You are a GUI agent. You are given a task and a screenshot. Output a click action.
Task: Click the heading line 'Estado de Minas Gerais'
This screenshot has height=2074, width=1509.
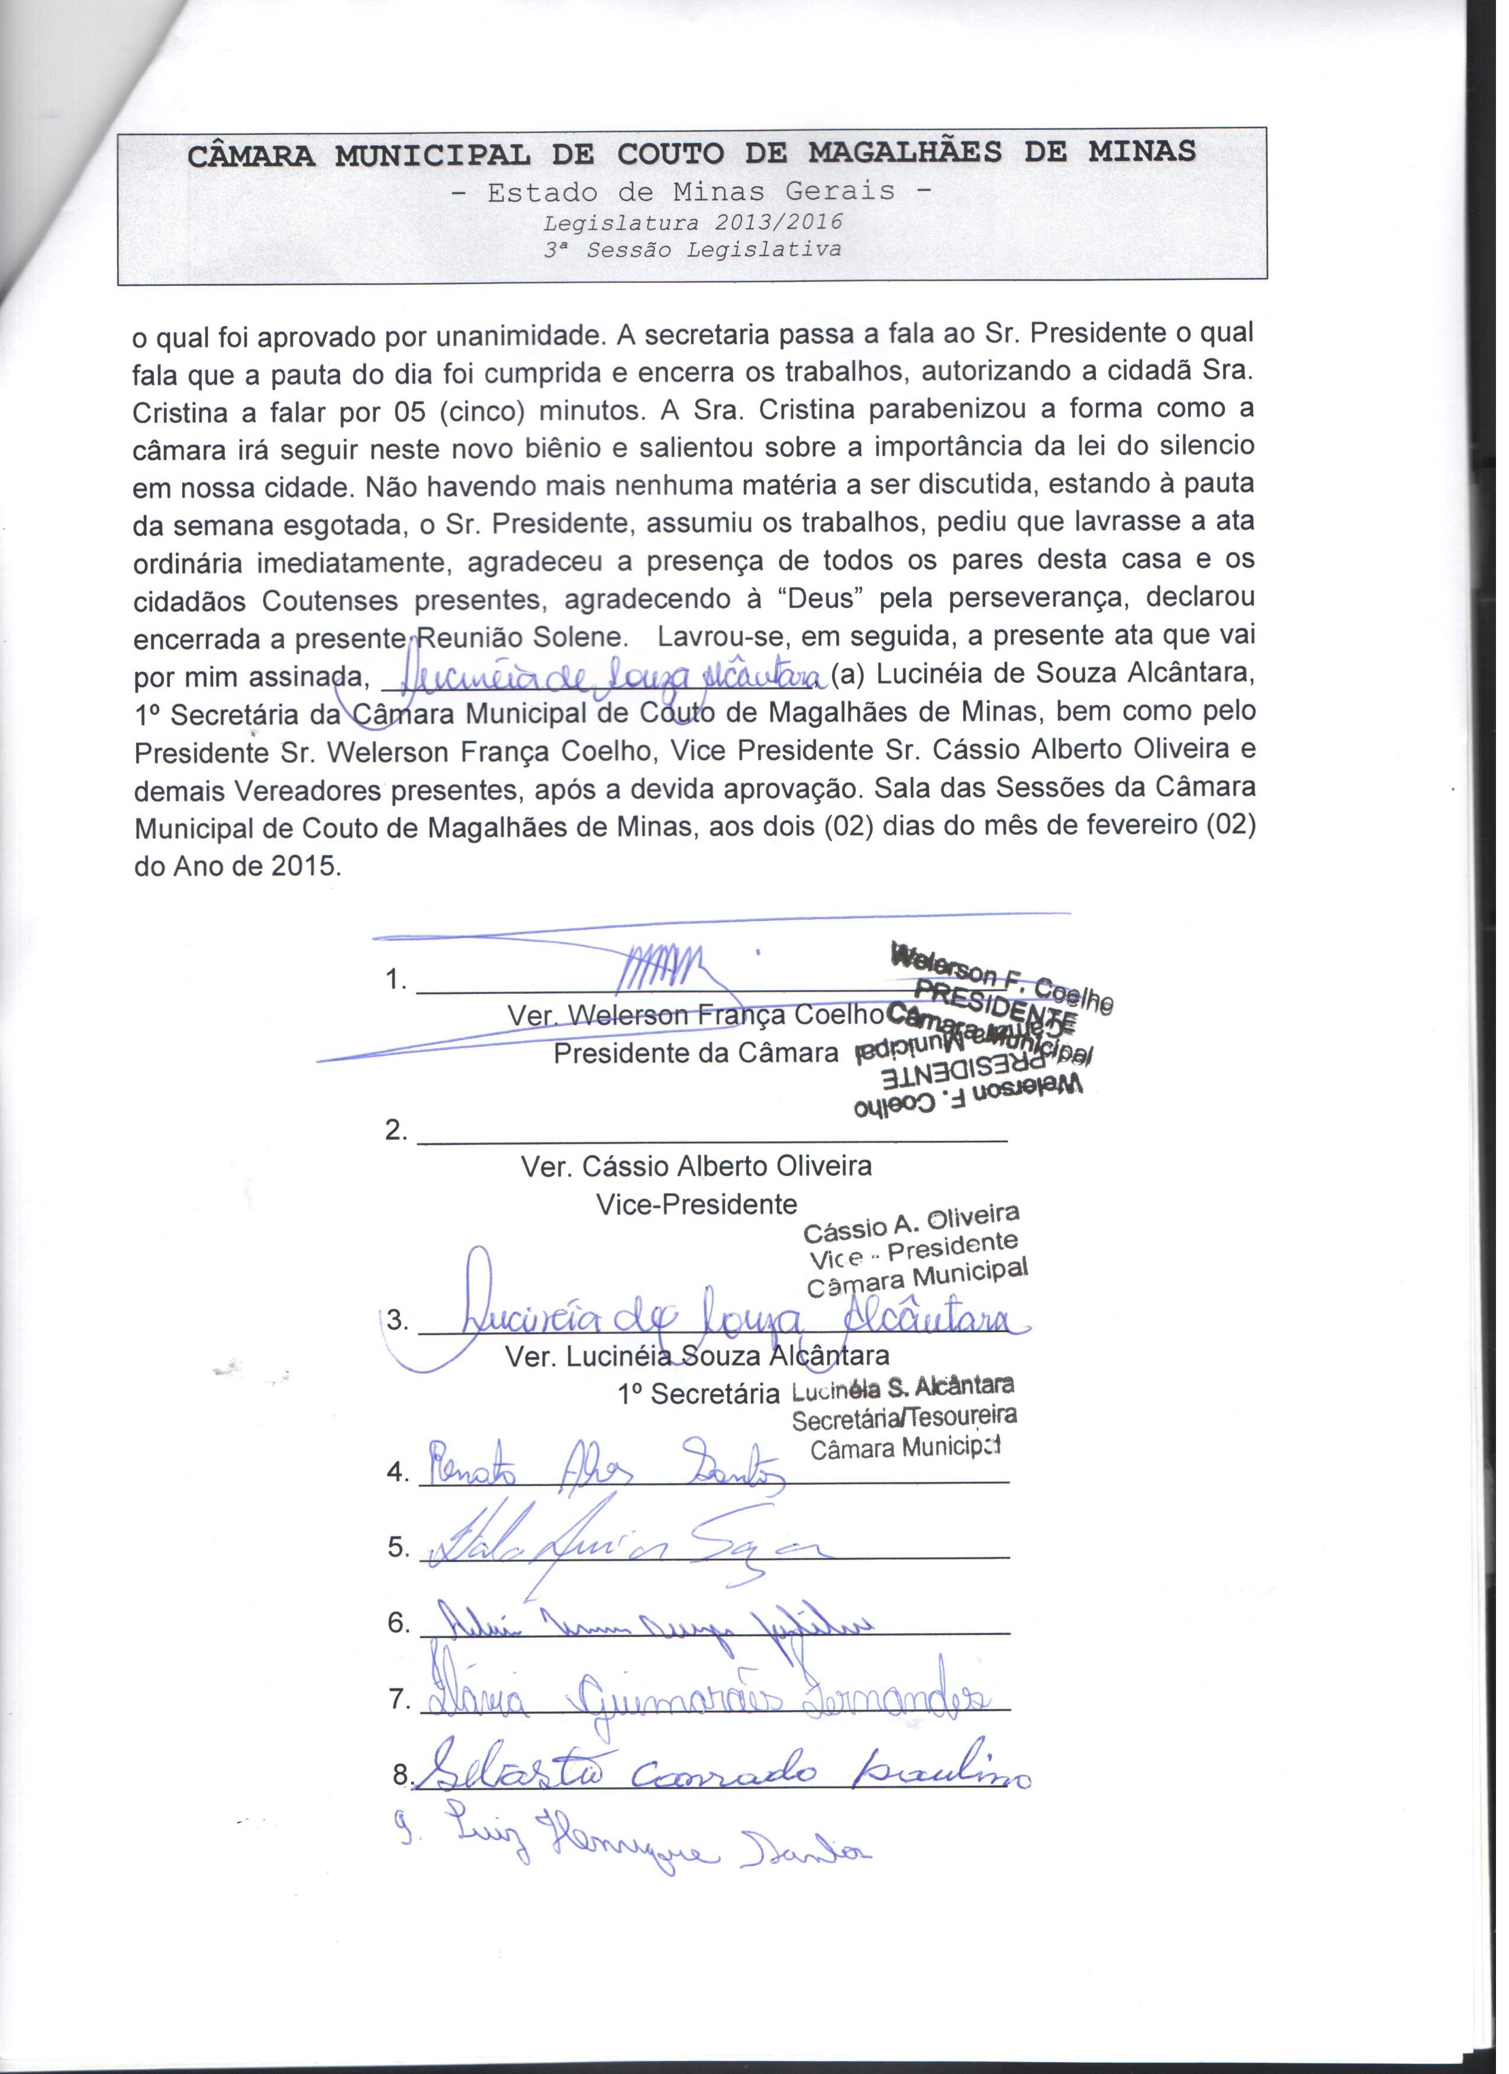click(691, 192)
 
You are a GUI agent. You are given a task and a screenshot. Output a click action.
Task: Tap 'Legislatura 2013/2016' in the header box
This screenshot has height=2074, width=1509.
click(692, 223)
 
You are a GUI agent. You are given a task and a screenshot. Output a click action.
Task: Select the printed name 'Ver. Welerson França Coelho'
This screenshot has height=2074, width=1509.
click(696, 1016)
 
